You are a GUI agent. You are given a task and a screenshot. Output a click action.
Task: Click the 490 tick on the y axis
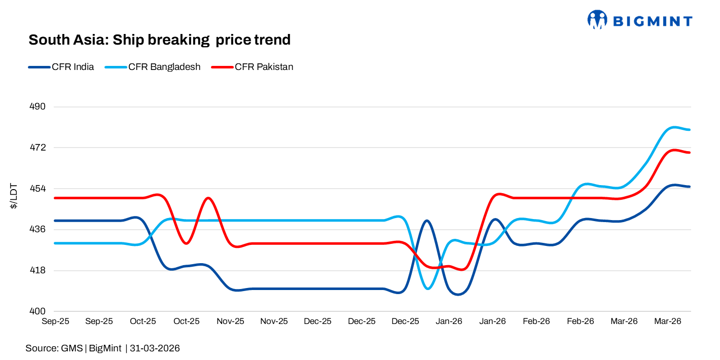pos(39,107)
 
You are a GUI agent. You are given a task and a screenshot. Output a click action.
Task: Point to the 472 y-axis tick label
pos(39,148)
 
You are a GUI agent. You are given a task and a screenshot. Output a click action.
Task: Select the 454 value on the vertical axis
pos(39,189)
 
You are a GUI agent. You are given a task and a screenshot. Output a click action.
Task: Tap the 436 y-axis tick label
pos(39,230)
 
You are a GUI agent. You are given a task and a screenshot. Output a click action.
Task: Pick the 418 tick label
pos(39,270)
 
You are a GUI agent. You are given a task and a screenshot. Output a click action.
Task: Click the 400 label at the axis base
pos(39,311)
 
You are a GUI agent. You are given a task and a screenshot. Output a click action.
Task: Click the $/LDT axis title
pos(15,197)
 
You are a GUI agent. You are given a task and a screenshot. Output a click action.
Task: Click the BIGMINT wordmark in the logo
pos(653,21)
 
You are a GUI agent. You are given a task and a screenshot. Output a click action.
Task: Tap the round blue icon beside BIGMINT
pos(597,19)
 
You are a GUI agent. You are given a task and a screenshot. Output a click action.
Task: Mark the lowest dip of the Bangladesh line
pos(428,289)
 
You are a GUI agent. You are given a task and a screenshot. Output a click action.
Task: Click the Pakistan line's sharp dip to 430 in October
pos(187,243)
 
